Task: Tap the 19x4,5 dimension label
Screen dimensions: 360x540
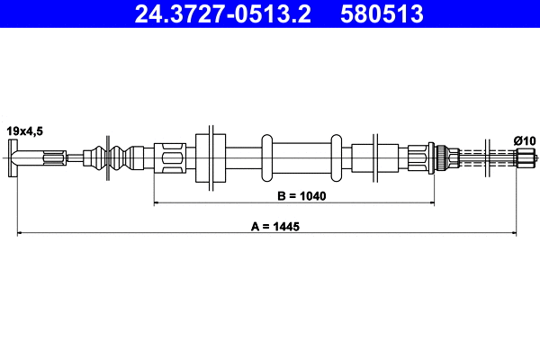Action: (24, 131)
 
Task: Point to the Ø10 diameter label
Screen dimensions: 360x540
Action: (523, 139)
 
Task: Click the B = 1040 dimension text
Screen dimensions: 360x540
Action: (295, 194)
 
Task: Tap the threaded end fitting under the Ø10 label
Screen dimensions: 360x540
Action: (524, 159)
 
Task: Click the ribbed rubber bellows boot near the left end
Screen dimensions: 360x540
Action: (117, 159)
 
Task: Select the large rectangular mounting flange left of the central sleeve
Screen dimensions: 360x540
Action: (210, 158)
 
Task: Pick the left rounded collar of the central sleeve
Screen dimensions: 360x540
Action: (266, 159)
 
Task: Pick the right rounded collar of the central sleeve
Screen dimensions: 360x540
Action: (336, 159)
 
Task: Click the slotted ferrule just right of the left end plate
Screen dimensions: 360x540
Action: (51, 159)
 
